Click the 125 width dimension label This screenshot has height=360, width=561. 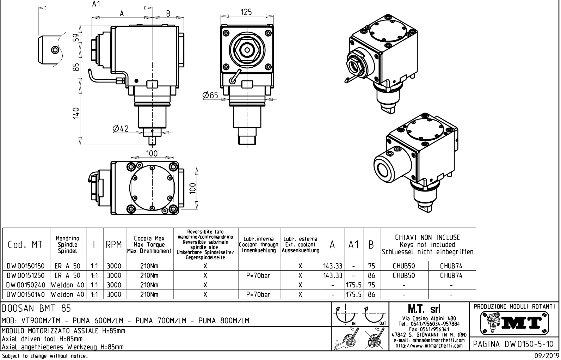246,12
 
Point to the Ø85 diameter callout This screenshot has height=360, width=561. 210,95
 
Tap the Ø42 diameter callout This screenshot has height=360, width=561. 121,129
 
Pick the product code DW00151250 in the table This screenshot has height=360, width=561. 26,275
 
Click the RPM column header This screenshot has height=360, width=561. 114,245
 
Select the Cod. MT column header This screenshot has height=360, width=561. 25,245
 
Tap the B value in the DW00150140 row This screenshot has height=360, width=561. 371,294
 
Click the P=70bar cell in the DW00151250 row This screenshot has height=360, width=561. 258,275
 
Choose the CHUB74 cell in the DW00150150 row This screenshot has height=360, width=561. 451,266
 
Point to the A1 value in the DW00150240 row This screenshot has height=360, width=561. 354,285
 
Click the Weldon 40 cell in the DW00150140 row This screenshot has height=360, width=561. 67,294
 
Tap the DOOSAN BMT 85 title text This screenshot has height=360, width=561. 37,309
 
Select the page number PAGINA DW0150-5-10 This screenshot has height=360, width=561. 514,344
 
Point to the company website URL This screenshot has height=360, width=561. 429,346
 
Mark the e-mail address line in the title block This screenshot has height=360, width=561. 429,340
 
